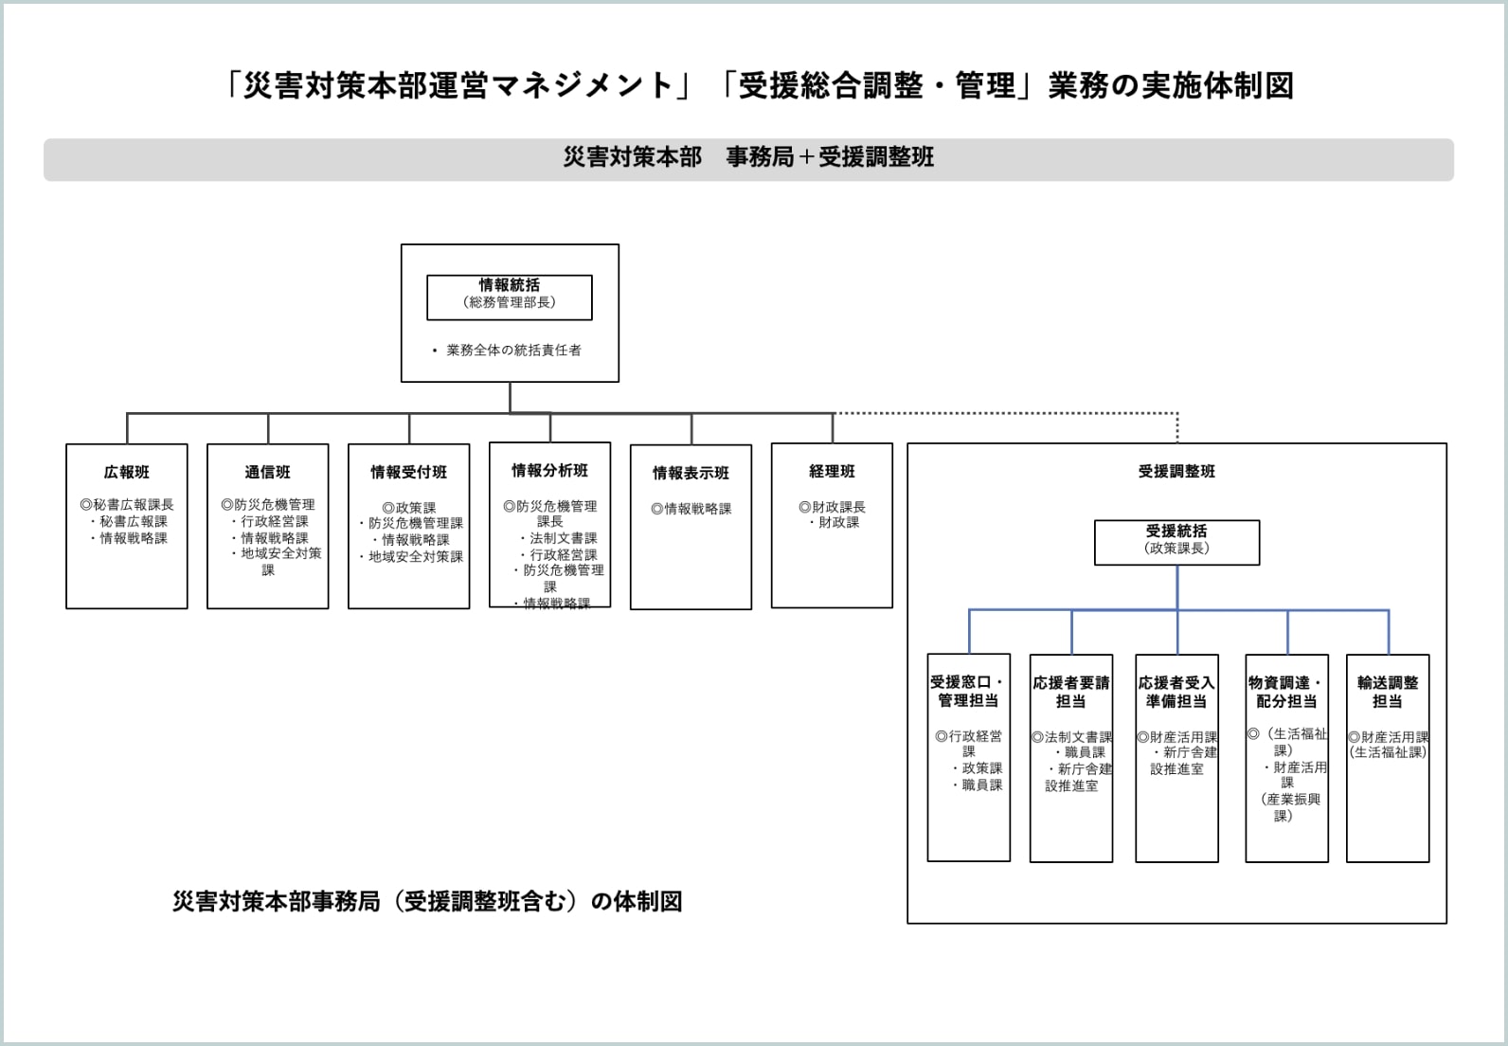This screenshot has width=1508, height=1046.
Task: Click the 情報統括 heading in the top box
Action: click(510, 285)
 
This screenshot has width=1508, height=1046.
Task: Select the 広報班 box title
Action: click(127, 472)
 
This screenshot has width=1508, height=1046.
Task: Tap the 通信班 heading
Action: click(267, 472)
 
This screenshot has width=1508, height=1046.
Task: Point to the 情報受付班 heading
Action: click(408, 472)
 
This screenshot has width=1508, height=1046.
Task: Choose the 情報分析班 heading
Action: click(549, 470)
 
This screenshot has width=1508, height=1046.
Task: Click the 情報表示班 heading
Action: click(691, 473)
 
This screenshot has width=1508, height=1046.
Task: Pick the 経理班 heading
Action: click(832, 471)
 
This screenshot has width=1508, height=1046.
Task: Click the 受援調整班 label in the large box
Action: click(1176, 471)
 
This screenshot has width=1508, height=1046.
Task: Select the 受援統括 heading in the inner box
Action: click(1176, 532)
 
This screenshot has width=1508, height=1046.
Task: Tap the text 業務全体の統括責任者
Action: click(513, 351)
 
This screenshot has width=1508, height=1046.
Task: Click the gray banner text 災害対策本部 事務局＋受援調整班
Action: click(748, 157)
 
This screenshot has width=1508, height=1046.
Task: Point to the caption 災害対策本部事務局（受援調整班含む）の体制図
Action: click(427, 901)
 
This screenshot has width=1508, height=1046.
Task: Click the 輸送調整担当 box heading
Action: click(1388, 692)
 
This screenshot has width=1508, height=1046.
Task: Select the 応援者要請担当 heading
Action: click(1071, 692)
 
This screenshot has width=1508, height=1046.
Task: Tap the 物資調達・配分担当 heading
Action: click(1286, 692)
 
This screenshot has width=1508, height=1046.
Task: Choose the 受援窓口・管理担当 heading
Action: click(968, 691)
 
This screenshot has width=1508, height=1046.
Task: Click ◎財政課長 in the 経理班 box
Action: click(832, 507)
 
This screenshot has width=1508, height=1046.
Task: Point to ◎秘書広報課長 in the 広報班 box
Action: click(127, 505)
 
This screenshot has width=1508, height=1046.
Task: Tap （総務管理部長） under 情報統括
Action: click(510, 302)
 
